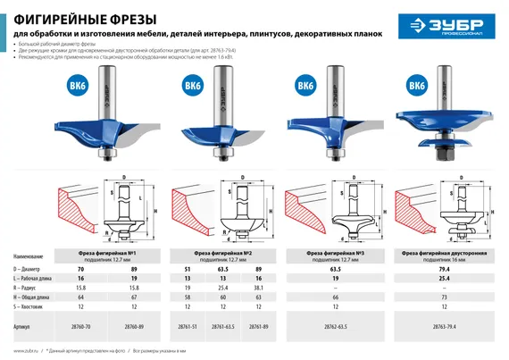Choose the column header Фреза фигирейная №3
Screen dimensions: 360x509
tap(331, 253)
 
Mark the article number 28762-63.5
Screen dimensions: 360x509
tap(331, 327)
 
